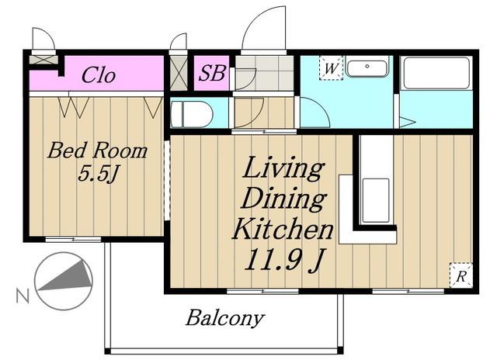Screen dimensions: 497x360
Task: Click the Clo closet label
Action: coord(99,75)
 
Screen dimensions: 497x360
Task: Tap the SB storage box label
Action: coord(212,72)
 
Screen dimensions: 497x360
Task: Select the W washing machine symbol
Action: coord(332,67)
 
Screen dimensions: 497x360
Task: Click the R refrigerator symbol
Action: coord(461,275)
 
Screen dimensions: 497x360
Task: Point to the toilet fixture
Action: coord(192,114)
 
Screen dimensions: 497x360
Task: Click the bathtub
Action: coord(436,73)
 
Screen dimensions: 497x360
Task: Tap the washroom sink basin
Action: coord(367,67)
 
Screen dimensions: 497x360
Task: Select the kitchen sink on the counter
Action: coord(376,201)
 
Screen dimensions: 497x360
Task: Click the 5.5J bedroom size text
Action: coord(98,174)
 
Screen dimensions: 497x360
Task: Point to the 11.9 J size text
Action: coord(284,260)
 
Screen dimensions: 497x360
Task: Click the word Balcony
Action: coord(225,317)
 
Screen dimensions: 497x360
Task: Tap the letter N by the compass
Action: coord(23,296)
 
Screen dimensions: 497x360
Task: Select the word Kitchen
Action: coord(283,229)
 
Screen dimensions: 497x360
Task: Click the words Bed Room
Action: coord(97,151)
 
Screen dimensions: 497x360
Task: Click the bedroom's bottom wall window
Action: coord(73,239)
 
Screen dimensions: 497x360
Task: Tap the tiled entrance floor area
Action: coord(265,73)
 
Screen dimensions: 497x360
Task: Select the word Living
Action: coord(283,168)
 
